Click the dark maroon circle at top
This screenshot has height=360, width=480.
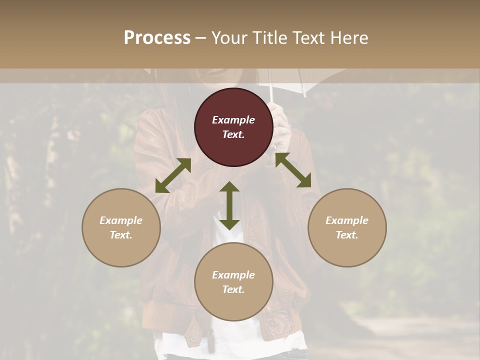tap(233, 127)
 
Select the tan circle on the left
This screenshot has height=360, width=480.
tap(121, 227)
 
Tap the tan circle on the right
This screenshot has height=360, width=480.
tap(347, 227)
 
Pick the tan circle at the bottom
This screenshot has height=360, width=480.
tap(233, 282)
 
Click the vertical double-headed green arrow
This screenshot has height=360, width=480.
tap(229, 205)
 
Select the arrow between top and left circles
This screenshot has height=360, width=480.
tap(173, 175)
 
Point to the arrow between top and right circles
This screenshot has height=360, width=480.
tap(293, 170)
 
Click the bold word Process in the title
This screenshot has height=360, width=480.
tap(157, 37)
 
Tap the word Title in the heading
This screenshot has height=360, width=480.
tap(270, 37)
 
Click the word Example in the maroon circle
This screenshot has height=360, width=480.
tap(233, 120)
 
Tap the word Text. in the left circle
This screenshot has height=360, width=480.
tap(121, 235)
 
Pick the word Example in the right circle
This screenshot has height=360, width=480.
tap(347, 220)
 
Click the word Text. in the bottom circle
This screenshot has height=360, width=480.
tap(233, 289)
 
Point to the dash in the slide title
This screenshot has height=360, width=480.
tap(201, 38)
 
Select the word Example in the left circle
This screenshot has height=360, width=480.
tap(121, 220)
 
